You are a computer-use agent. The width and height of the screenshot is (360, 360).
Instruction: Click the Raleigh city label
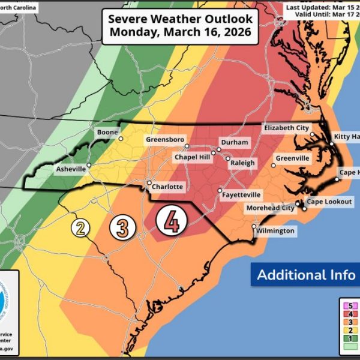[242, 163]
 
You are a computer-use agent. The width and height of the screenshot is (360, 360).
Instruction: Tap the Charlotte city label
[167, 187]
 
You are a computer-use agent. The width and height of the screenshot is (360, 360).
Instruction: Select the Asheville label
[71, 170]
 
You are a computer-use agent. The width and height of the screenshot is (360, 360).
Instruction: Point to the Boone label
[108, 132]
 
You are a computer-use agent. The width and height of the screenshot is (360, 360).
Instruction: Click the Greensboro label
[164, 139]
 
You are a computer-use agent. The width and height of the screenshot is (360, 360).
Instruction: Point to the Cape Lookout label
[329, 202]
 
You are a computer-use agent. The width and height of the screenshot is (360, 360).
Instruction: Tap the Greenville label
[292, 158]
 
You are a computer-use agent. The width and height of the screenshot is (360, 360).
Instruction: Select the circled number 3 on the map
[122, 227]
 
